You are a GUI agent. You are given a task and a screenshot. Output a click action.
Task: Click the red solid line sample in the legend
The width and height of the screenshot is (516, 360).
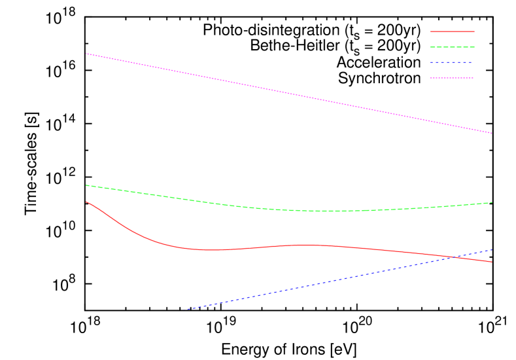point(452,31)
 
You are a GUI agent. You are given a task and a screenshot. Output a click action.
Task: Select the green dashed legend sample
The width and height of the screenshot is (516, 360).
point(452,47)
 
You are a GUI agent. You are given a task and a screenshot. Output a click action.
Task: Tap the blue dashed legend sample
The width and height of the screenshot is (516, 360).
point(452,63)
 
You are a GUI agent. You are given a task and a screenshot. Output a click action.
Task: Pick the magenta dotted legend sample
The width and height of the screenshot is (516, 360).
point(452,78)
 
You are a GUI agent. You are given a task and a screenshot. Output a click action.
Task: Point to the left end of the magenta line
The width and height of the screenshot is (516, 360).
point(86,54)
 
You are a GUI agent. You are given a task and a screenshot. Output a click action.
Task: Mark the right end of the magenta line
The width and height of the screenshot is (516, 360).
point(492,134)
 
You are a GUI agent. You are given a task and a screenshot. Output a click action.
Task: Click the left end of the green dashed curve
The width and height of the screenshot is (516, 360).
point(86,185)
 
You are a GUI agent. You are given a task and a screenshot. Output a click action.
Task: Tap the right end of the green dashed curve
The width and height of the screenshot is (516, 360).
point(492,202)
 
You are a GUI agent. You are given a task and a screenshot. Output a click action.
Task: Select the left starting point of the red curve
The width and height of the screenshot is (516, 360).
point(86,202)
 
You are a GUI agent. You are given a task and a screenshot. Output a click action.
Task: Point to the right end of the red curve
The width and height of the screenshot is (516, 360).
point(492,262)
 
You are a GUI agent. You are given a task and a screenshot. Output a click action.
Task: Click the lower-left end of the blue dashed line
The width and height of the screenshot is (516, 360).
point(185,309)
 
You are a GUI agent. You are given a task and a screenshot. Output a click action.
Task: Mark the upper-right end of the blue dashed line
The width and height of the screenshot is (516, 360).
point(492,249)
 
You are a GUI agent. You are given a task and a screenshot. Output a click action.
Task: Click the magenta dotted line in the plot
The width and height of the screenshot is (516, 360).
point(288,93)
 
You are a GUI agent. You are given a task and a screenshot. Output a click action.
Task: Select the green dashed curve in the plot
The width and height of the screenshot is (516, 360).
point(196,200)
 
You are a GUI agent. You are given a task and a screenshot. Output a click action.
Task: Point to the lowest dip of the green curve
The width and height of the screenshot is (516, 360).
point(330,211)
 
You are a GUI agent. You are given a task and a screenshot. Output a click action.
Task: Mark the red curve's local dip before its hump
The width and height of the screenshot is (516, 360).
point(209,250)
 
